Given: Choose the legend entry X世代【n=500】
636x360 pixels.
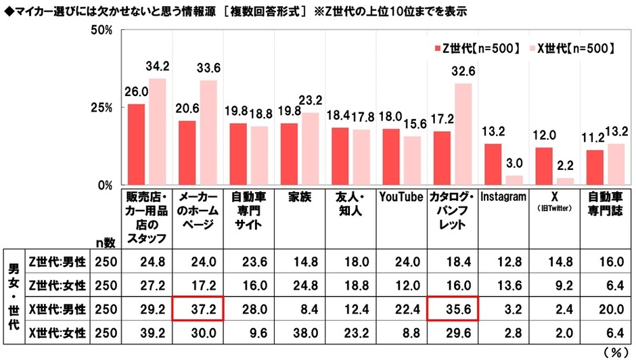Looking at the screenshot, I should tap(575, 49).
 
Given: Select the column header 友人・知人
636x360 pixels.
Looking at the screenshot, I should tap(350, 204).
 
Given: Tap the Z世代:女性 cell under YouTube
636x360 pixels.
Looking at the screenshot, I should tap(401, 285).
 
